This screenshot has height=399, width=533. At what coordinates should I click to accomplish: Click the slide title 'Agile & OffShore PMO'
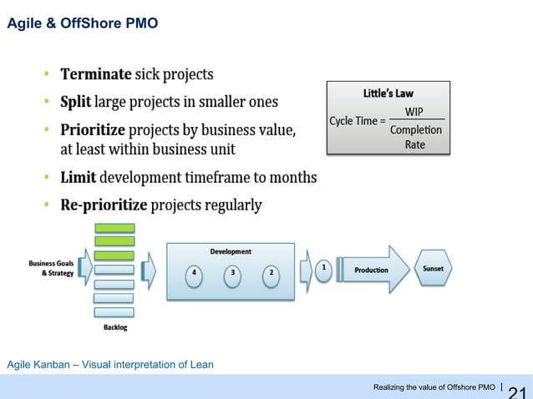tap(82, 23)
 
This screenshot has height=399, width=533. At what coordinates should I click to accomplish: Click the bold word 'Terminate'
tap(94, 74)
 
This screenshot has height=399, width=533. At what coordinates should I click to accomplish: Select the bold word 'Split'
tap(75, 102)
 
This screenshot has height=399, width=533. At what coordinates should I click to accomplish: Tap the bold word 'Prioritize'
tap(93, 130)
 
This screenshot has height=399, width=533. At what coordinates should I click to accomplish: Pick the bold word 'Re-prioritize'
tap(103, 205)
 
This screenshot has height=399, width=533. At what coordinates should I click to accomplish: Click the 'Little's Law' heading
tap(388, 93)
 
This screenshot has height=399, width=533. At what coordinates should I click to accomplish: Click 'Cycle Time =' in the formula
tap(358, 121)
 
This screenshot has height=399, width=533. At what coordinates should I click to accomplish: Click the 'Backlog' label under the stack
tap(115, 328)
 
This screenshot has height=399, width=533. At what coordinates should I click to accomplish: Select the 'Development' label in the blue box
tap(230, 251)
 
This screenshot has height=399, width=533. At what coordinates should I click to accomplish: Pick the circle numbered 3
tap(232, 273)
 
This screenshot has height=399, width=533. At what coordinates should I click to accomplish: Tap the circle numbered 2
tap(271, 273)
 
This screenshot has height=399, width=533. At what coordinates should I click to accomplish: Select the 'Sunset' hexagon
tap(433, 269)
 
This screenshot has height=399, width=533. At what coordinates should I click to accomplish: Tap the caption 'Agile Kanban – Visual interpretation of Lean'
tap(110, 364)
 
